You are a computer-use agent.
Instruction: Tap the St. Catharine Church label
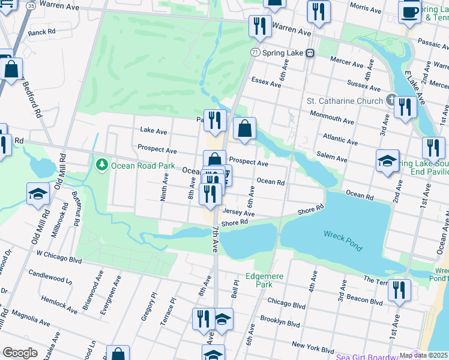(345, 101)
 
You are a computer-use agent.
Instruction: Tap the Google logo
(20, 353)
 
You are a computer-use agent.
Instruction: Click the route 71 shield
(256, 53)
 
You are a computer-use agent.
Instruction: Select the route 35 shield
(31, 6)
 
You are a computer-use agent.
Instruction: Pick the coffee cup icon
(410, 12)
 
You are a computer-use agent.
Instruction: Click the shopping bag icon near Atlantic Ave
(244, 129)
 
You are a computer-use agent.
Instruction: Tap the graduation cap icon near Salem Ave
(388, 161)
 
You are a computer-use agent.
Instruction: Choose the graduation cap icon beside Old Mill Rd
(38, 194)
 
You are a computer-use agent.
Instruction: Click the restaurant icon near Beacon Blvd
(399, 291)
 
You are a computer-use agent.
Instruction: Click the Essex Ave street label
(267, 82)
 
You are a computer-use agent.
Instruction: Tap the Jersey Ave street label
(238, 213)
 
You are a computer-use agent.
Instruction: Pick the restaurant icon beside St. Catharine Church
(406, 108)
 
